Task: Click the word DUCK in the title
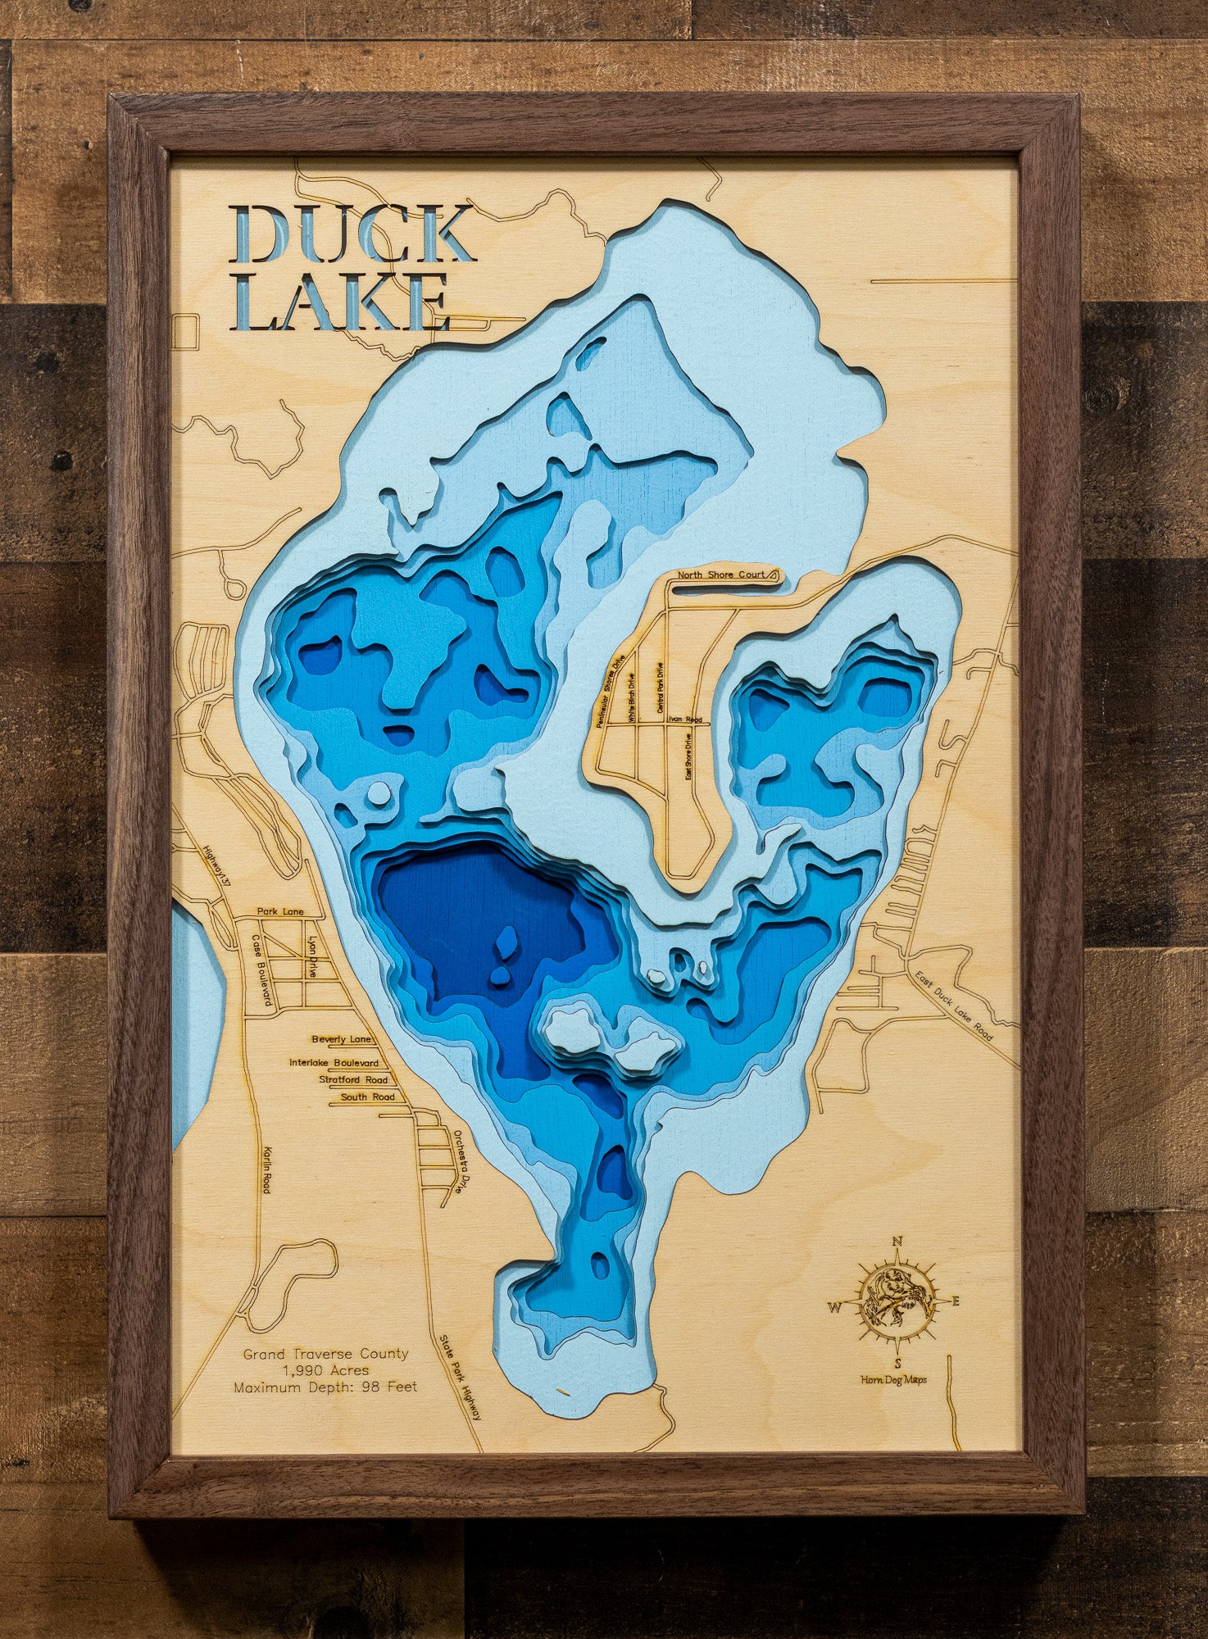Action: coord(352,234)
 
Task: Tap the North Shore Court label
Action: coord(720,575)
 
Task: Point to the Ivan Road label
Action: coord(684,720)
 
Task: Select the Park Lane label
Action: coord(279,911)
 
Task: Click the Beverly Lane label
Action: coord(341,1039)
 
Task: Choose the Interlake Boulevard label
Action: coord(334,1063)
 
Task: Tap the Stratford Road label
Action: coord(353,1080)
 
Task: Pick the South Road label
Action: coord(368,1096)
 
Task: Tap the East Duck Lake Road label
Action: coord(954,1006)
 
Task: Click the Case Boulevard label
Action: coord(262,971)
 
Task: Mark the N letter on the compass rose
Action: coord(897,1241)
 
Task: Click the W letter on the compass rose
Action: coord(834,1307)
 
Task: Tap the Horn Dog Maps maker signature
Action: coord(893,1380)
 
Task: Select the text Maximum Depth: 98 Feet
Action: coord(325,1387)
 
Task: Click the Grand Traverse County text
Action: coord(325,1354)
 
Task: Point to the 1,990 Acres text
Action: coord(325,1370)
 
